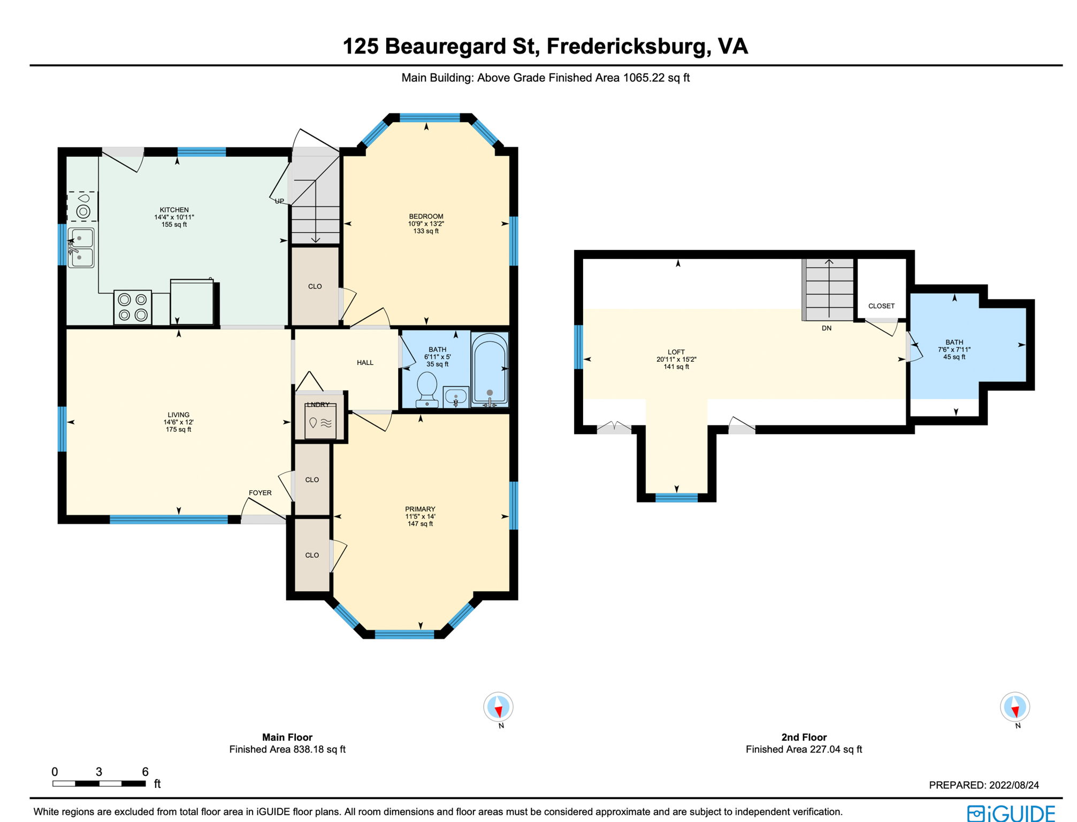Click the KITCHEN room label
174,210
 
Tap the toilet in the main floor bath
427,389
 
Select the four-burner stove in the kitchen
133,307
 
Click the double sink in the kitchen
81,248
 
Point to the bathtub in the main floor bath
490,370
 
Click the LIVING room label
178,415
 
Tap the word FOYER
260,493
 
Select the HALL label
365,363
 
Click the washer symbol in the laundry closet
320,422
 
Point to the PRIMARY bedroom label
420,509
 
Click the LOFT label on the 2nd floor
676,352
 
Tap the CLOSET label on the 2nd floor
881,306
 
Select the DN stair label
827,328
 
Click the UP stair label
279,201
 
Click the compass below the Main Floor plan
498,707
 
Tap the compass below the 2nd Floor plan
1015,707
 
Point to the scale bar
99,783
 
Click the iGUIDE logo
1011,813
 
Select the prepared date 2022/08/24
1014,785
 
